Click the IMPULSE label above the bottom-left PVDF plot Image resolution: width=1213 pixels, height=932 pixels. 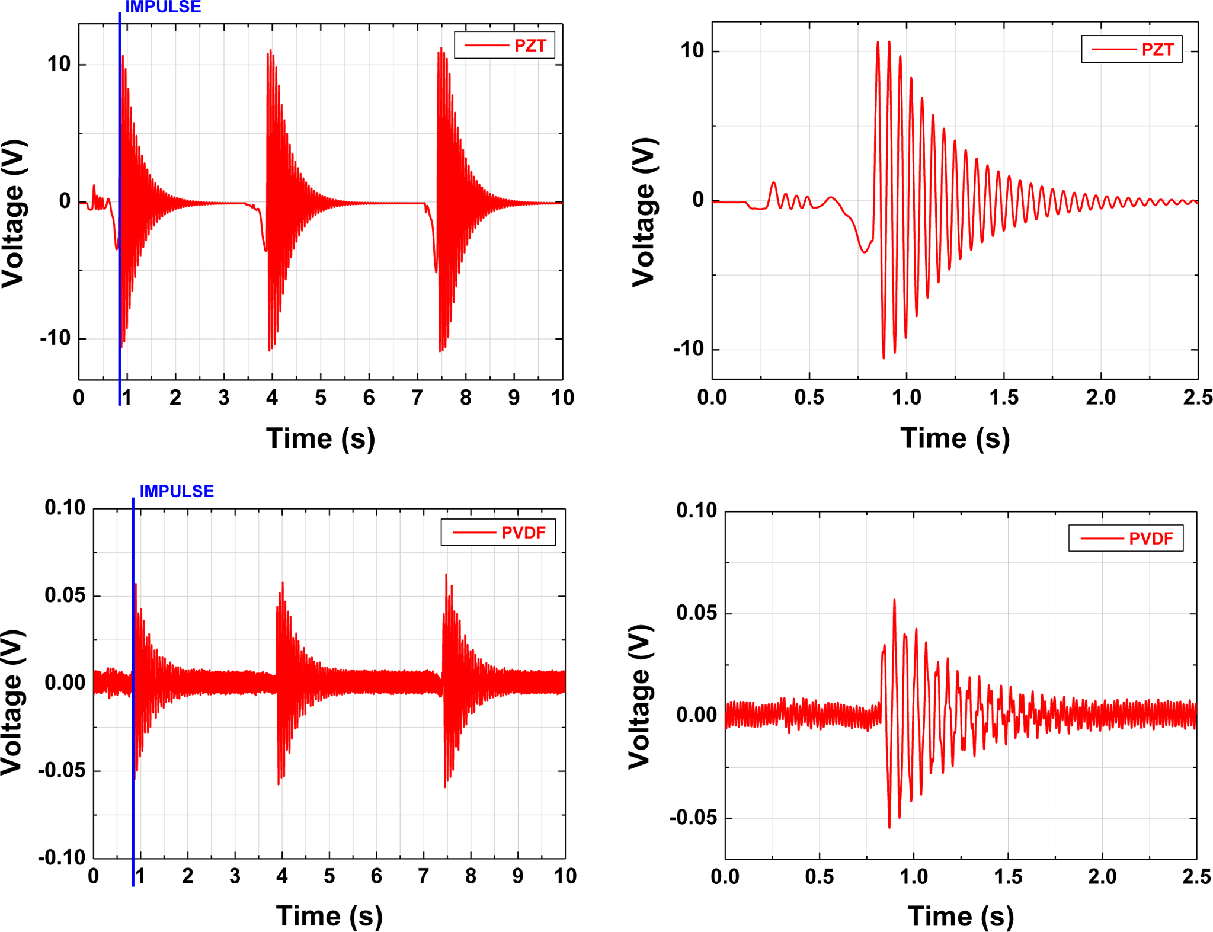(x=177, y=491)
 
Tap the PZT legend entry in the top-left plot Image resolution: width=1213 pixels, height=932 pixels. (x=505, y=45)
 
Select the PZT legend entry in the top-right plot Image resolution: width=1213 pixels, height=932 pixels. (x=1132, y=49)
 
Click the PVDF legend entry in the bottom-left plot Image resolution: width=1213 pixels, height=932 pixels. (x=498, y=532)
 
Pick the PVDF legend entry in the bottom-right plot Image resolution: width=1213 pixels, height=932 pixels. (x=1126, y=538)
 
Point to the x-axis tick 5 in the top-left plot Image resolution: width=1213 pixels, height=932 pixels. (x=321, y=398)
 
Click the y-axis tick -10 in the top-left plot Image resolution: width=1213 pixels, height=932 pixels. (x=56, y=338)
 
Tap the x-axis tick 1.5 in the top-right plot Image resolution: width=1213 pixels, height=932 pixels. (x=1004, y=397)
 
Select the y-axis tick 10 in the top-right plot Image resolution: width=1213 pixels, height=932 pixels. (x=692, y=51)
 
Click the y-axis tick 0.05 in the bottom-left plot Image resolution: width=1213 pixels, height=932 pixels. (x=65, y=595)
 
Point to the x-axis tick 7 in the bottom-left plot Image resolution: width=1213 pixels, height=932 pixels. (x=423, y=876)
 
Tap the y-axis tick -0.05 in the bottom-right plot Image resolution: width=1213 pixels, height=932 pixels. (x=693, y=818)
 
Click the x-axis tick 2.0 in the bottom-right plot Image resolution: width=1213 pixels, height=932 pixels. (x=1102, y=876)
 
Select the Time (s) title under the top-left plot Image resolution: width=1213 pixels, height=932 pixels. (x=321, y=439)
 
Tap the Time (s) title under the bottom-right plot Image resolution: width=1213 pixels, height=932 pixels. (x=961, y=916)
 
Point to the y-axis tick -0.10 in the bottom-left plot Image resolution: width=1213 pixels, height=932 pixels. (x=62, y=857)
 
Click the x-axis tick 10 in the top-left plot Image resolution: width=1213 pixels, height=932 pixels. (x=562, y=398)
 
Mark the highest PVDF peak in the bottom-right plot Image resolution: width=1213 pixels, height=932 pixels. (x=894, y=600)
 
